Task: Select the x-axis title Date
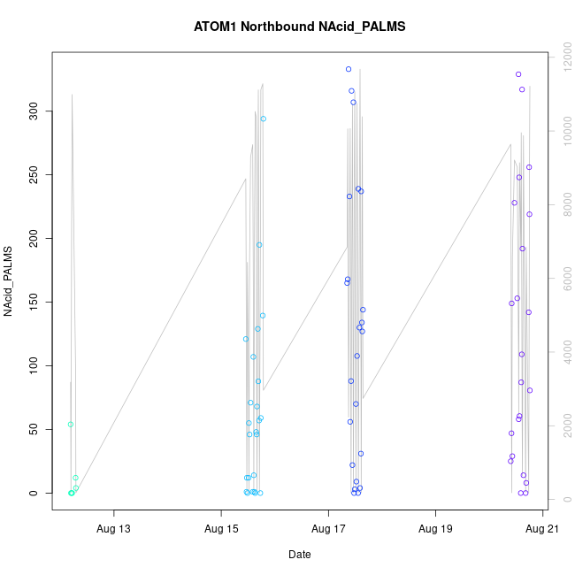(x=299, y=555)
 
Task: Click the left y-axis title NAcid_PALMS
(x=10, y=282)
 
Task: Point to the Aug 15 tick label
(x=221, y=529)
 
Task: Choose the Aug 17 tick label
(x=328, y=529)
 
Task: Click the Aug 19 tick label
(x=435, y=529)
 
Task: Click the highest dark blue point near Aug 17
(x=349, y=69)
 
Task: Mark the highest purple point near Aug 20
(x=518, y=74)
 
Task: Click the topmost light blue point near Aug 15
(x=264, y=119)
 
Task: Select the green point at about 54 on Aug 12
(x=71, y=424)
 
